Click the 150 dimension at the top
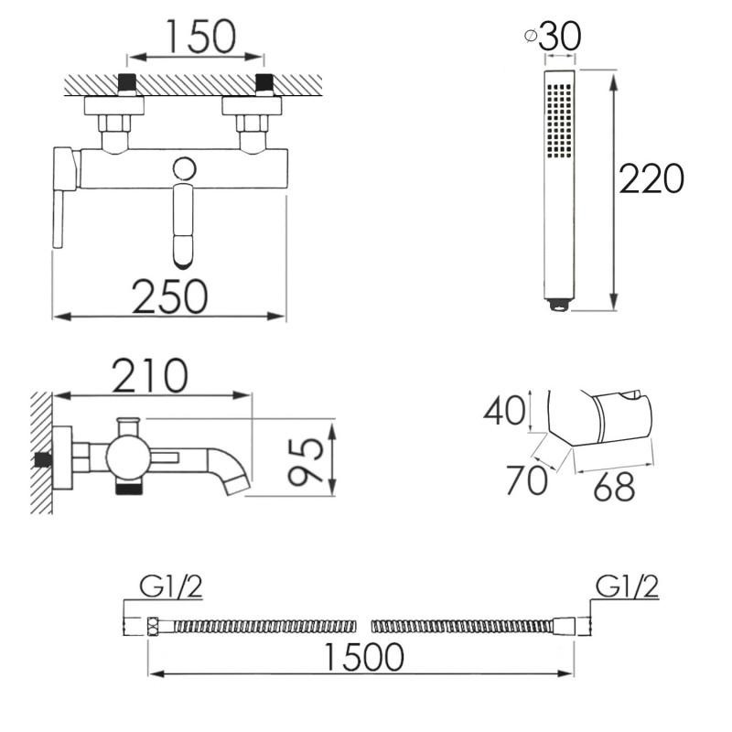point(201,37)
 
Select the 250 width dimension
point(170,296)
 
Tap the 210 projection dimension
point(150,376)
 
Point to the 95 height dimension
point(306,461)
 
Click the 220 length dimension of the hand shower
point(651,178)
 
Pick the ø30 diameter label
point(553,37)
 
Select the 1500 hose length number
point(363,657)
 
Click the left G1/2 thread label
point(171,587)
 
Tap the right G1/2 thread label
point(627,587)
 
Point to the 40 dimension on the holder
point(504,410)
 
